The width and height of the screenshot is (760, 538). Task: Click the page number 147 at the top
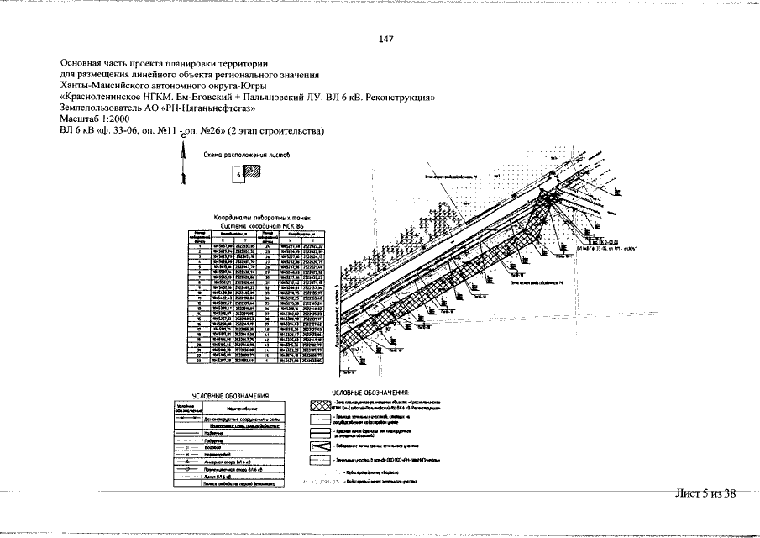click(386, 40)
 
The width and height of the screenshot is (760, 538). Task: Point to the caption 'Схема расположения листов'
click(246, 155)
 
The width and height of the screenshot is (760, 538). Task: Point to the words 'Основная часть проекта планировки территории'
click(164, 63)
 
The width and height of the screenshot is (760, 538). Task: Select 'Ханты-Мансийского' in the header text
click(107, 86)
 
